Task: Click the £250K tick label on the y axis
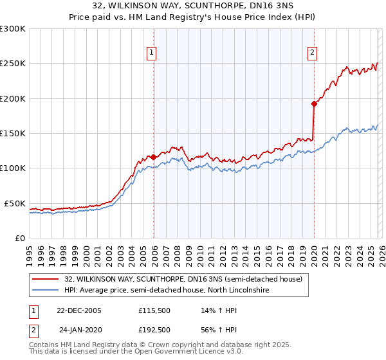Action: pos(13,64)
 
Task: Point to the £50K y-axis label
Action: pos(15,203)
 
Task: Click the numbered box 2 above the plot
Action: pos(313,53)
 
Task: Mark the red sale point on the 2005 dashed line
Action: pos(153,157)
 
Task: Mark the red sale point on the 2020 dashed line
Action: pos(314,104)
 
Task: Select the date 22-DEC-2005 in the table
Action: pos(79,310)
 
